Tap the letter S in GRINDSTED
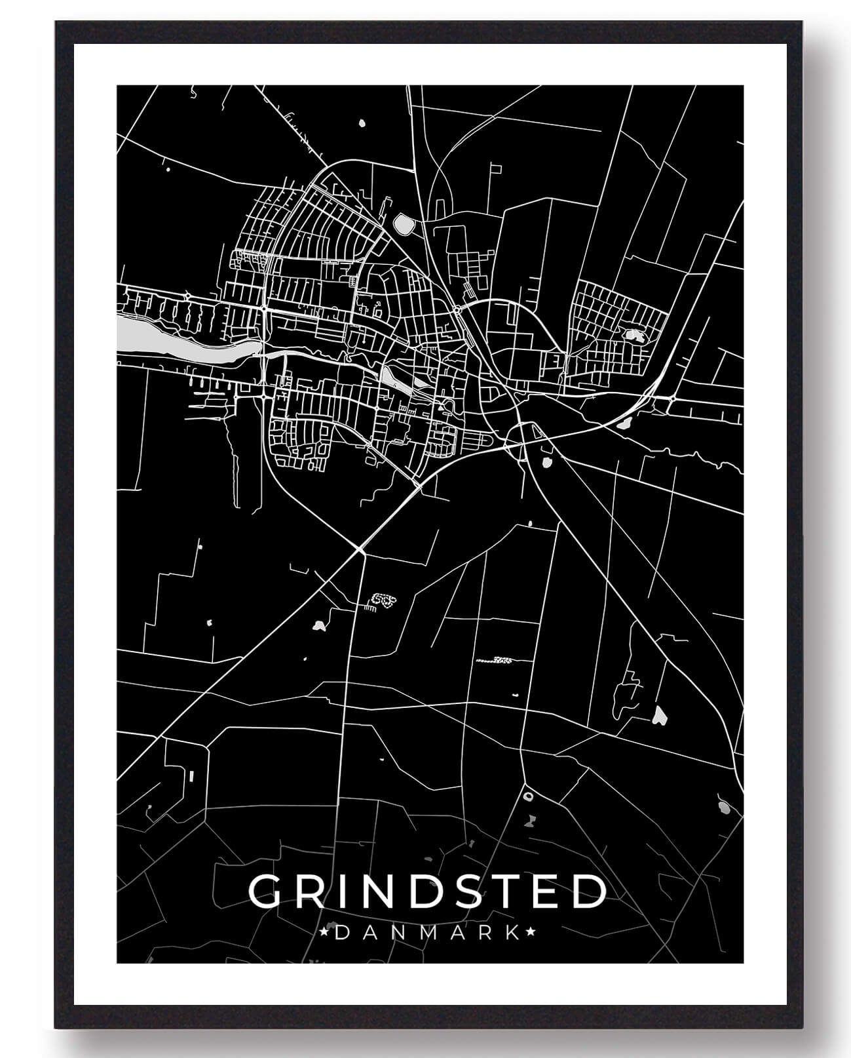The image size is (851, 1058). [x=463, y=891]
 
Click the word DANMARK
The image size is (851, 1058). [x=428, y=932]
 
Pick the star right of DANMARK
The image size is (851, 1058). [x=531, y=931]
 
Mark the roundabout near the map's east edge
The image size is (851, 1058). [x=673, y=398]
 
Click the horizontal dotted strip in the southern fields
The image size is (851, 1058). [x=493, y=659]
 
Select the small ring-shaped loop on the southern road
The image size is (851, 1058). [x=528, y=796]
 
